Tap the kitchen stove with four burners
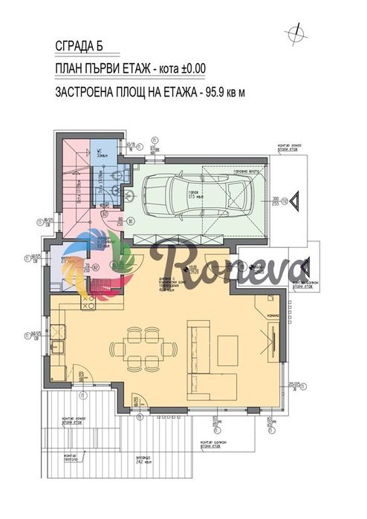pos(88,302)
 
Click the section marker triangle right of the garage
pos(294,200)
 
